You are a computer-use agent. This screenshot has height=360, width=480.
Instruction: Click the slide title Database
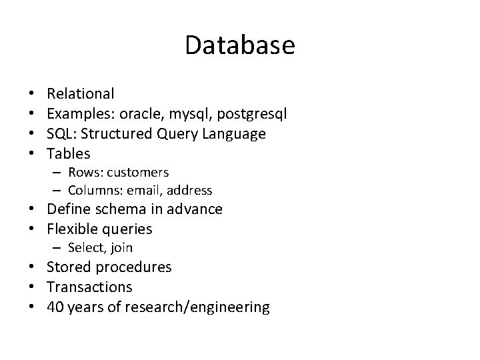[239, 45]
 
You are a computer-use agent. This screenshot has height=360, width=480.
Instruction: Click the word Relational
[81, 94]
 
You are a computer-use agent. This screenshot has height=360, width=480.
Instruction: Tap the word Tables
[69, 154]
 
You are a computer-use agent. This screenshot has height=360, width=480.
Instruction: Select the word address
[188, 191]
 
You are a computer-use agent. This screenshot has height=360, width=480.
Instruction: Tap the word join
[121, 248]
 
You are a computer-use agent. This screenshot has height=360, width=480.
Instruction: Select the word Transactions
[89, 287]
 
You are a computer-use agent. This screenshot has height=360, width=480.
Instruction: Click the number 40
[55, 307]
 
